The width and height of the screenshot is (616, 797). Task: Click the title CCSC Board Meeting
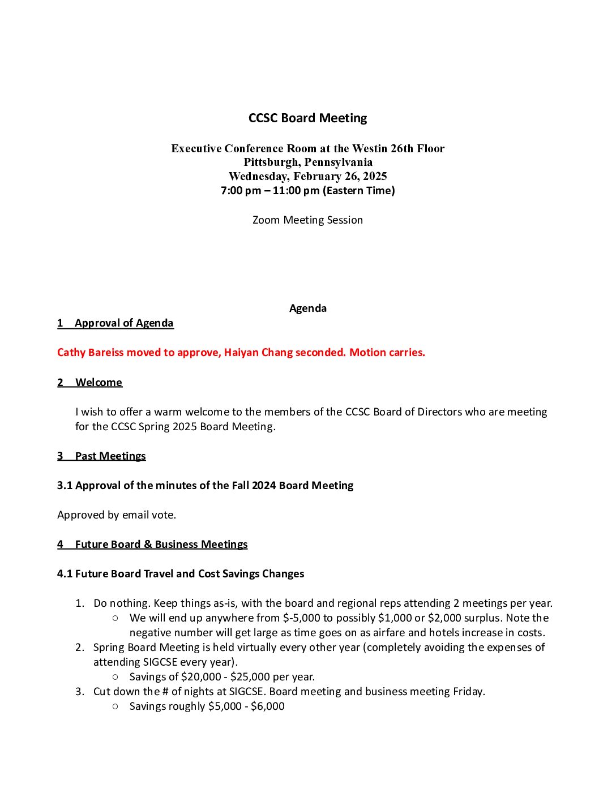pos(307,118)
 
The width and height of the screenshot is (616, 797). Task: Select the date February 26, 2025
pos(340,176)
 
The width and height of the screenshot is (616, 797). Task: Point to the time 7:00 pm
pos(241,191)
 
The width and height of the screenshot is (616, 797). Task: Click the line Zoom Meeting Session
pos(307,220)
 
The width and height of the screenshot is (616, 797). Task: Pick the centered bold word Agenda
pos(307,308)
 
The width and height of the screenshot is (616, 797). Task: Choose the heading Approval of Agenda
pos(124,323)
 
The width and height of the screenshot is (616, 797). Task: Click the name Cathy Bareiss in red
pos(91,353)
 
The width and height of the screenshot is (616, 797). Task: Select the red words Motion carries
pos(387,353)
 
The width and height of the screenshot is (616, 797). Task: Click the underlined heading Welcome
pos(99,383)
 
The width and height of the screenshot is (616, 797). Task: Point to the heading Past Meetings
pos(110,456)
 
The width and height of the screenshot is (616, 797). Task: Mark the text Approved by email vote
pos(117,515)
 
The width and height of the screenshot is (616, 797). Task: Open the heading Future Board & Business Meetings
pos(161,545)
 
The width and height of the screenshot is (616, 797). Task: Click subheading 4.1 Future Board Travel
pos(181,574)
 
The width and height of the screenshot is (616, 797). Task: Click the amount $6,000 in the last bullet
pos(267,706)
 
